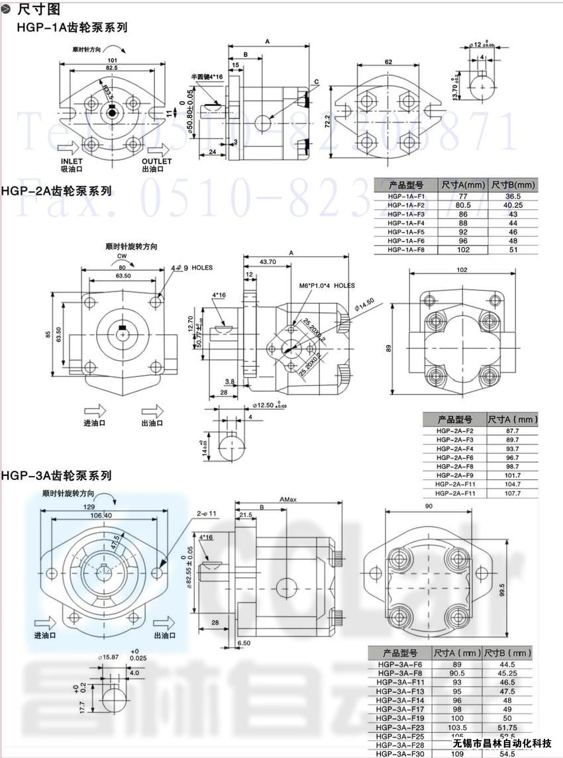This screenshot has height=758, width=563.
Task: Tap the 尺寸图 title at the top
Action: pyautogui.click(x=38, y=9)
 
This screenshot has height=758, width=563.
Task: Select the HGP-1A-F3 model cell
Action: pyautogui.click(x=405, y=214)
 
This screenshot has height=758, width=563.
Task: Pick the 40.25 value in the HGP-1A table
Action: pyautogui.click(x=513, y=205)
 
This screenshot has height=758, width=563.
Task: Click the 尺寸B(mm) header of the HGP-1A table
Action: pyautogui.click(x=513, y=185)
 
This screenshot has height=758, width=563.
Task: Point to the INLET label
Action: pyautogui.click(x=72, y=162)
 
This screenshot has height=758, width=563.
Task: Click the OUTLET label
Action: pyautogui.click(x=157, y=162)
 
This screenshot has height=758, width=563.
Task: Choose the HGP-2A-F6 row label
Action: pyautogui.click(x=454, y=457)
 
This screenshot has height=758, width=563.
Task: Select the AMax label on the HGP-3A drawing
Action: pyautogui.click(x=288, y=498)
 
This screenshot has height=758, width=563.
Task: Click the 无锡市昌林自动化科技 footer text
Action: pyautogui.click(x=503, y=743)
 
